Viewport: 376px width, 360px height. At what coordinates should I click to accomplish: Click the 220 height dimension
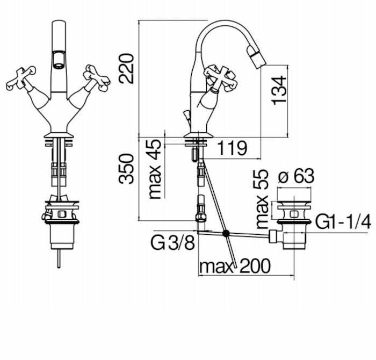(x=126, y=69)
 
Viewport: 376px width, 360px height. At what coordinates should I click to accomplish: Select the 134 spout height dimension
(x=279, y=90)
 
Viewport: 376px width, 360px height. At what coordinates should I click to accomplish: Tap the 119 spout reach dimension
(x=232, y=148)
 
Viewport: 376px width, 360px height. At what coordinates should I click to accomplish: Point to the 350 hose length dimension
(x=126, y=169)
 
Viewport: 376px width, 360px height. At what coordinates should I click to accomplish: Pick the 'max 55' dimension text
(x=262, y=199)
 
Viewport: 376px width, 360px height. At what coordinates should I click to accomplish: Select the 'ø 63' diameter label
(x=296, y=176)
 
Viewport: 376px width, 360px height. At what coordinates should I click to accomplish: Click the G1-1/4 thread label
(x=343, y=222)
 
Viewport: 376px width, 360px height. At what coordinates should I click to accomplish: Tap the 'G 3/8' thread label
(x=172, y=243)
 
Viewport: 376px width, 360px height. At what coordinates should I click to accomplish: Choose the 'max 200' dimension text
(x=235, y=266)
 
